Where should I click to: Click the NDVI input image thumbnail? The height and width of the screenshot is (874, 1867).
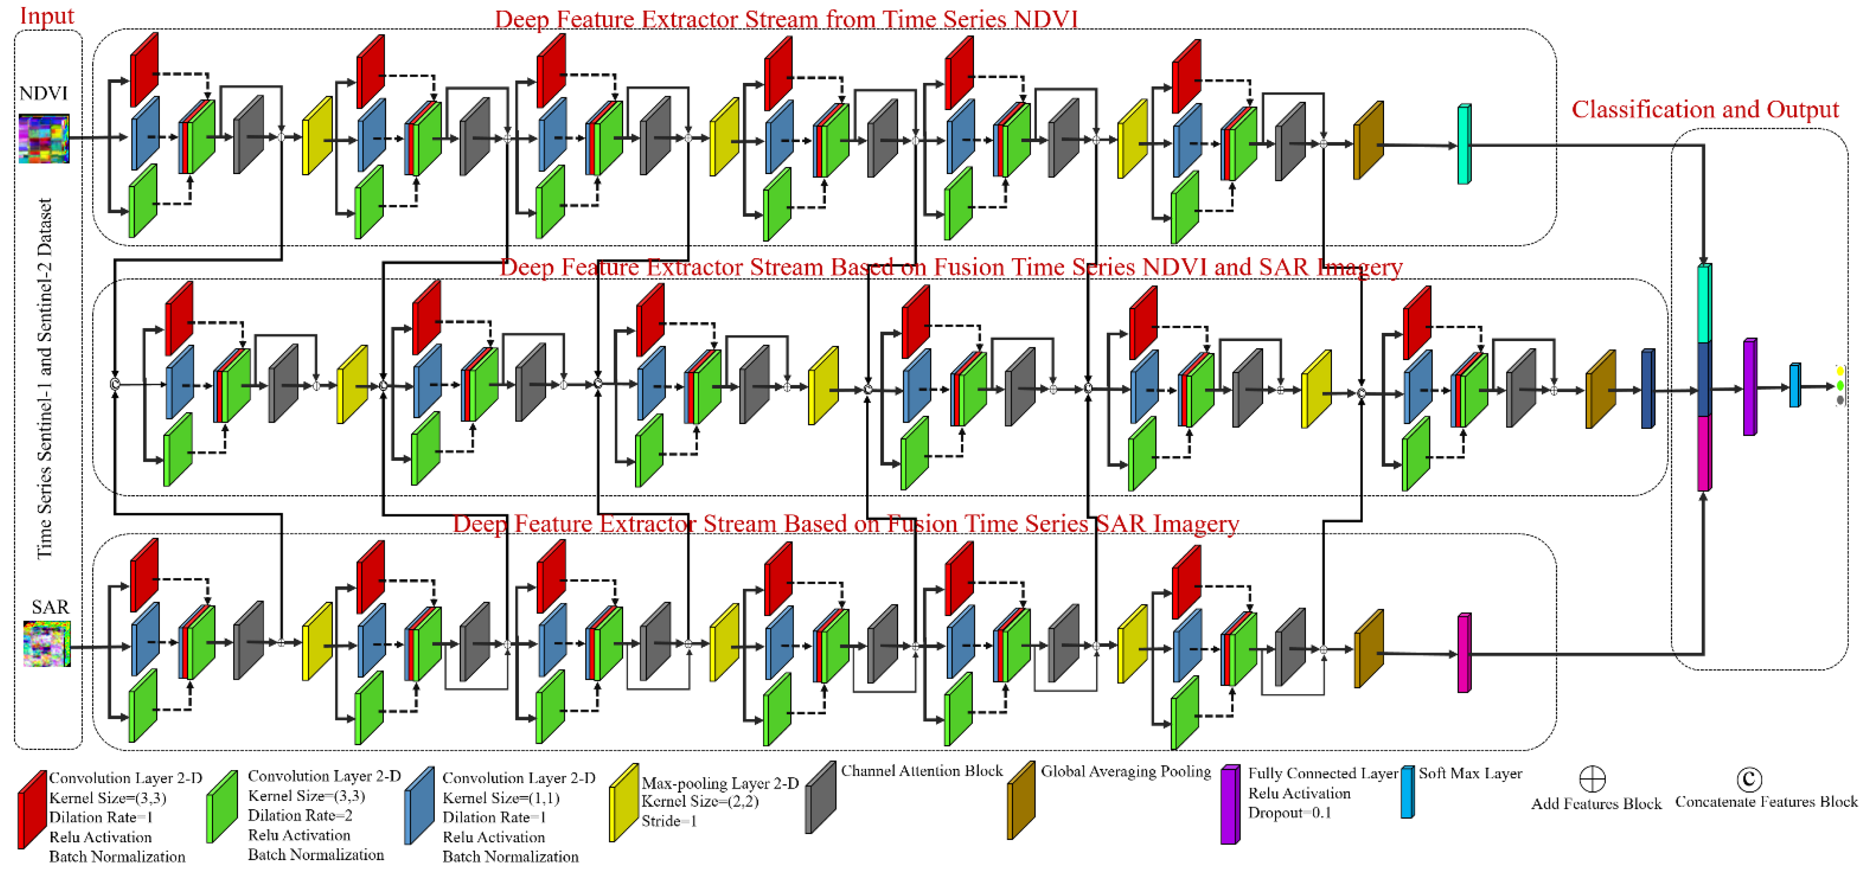43,138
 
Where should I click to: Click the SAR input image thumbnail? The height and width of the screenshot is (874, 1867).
46,643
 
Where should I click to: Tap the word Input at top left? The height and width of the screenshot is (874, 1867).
46,16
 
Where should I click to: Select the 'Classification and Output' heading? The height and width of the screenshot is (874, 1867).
1705,110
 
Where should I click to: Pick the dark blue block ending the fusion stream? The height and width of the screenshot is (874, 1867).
1647,389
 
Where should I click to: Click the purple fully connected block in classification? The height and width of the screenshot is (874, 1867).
1749,387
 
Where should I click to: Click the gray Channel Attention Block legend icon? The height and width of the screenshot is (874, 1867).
821,797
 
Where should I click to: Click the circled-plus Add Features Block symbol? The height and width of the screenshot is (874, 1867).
1592,780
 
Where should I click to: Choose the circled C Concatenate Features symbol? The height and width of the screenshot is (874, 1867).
1749,779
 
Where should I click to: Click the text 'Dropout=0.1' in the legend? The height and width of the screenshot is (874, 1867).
1289,813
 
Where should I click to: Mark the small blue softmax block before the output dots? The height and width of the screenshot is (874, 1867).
1795,385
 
